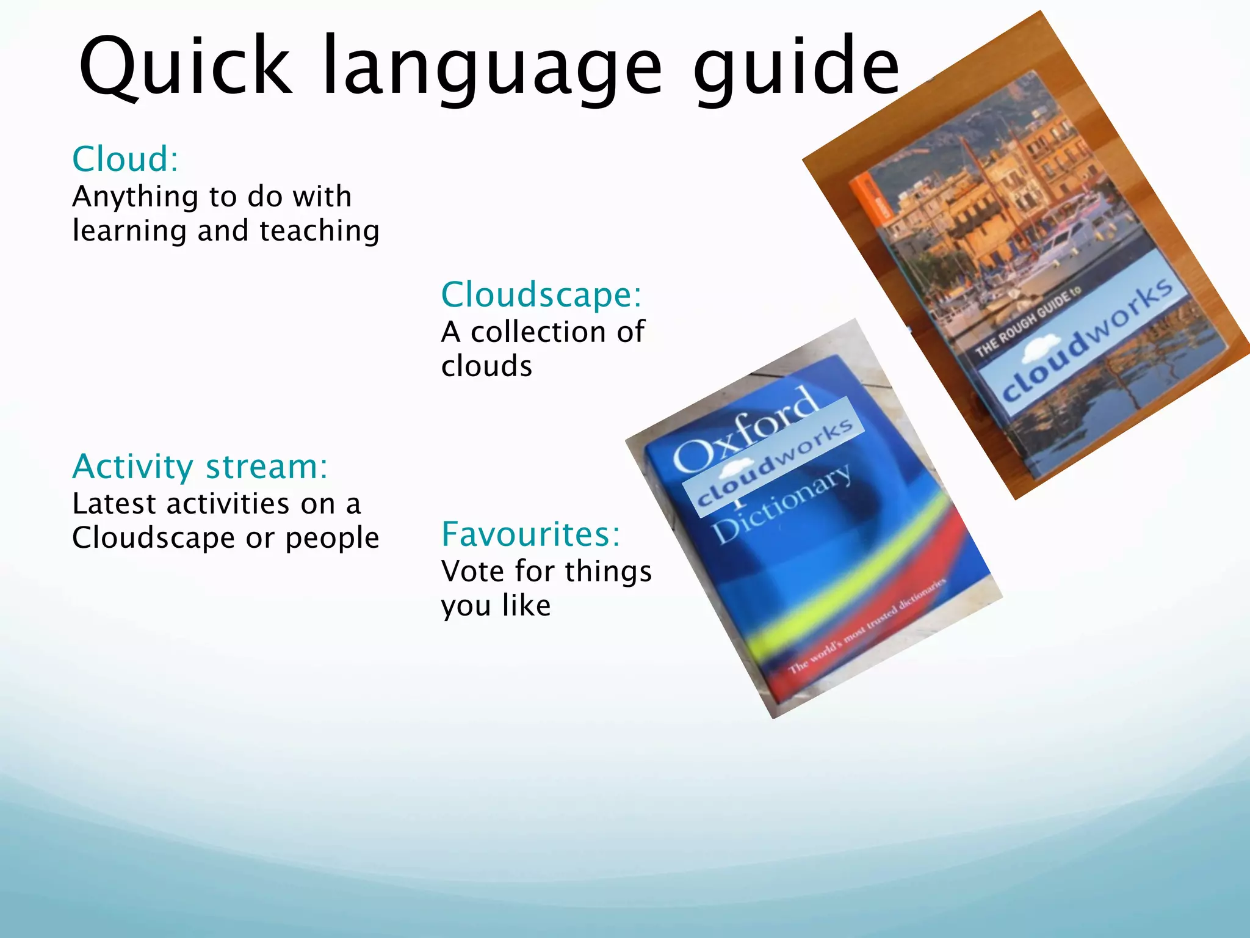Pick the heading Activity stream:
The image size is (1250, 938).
pos(200,467)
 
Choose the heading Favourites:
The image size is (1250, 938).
pos(530,534)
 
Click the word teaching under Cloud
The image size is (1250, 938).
pos(319,231)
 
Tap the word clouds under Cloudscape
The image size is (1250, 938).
pos(486,366)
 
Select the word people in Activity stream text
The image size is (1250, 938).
pos(332,538)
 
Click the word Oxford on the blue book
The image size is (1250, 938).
pos(745,431)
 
